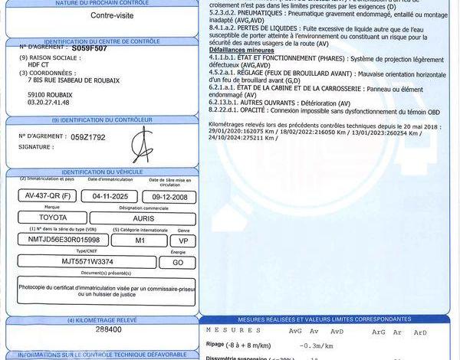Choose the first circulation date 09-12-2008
pyautogui.click(x=170, y=195)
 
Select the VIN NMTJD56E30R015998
pyautogui.click(x=69, y=240)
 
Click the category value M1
pyautogui.click(x=140, y=240)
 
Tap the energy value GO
pyautogui.click(x=177, y=262)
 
